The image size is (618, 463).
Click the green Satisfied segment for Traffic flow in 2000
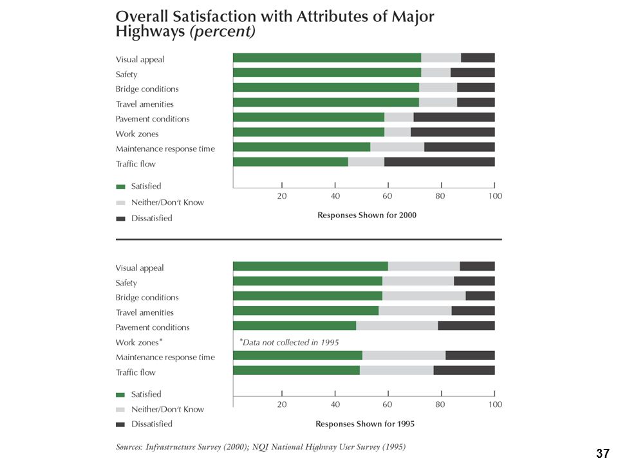point(290,162)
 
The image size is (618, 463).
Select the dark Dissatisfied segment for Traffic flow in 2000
point(440,162)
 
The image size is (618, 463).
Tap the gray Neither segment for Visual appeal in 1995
point(424,266)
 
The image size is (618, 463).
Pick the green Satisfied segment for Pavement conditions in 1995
point(294,325)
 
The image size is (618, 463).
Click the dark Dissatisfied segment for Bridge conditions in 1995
point(480,296)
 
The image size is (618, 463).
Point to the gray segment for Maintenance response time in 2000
point(397,147)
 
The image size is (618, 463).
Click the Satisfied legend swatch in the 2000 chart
point(120,186)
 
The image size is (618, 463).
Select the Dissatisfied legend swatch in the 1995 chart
point(120,424)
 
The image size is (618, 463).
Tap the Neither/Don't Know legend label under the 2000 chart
point(167,203)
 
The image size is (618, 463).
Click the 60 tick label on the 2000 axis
point(388,196)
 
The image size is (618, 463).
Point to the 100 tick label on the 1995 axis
point(496,404)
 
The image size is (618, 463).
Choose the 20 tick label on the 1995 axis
point(282,404)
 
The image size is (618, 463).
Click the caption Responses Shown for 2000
point(367,215)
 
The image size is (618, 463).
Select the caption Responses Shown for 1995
point(365,424)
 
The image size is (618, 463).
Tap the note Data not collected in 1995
point(289,342)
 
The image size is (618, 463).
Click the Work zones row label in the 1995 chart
point(139,342)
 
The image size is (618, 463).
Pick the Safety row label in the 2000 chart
point(127,75)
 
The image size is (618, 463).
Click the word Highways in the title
point(150,32)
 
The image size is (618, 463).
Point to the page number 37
point(603,453)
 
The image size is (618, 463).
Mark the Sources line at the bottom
point(261,447)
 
